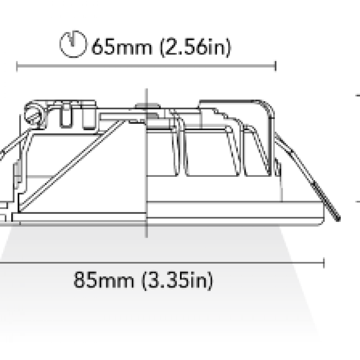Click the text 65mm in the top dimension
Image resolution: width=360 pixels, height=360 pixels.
(121, 47)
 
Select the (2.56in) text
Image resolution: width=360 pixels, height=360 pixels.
(195, 47)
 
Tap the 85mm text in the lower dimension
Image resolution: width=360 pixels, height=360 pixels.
(103, 279)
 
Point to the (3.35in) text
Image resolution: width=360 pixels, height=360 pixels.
(177, 280)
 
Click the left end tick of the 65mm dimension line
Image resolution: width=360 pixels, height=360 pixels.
(17, 66)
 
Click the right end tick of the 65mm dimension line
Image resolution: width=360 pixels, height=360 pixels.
(275, 66)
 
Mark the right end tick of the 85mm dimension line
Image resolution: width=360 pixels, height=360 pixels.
(324, 263)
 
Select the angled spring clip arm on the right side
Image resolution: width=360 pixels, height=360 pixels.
(306, 175)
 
